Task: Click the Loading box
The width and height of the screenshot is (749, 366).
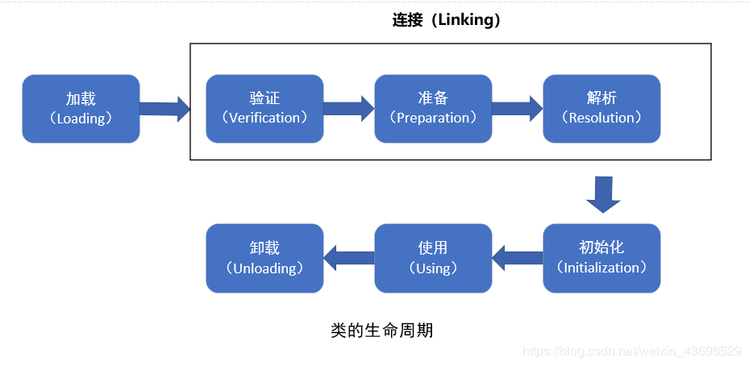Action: pyautogui.click(x=81, y=108)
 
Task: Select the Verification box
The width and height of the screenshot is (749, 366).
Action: pyautogui.click(x=264, y=108)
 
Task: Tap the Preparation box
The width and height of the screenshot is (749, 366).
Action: pyautogui.click(x=433, y=108)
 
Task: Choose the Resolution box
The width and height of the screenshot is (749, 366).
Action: pyautogui.click(x=601, y=108)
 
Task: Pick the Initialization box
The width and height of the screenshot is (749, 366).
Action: pyautogui.click(x=601, y=258)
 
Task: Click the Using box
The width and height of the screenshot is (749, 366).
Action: pyautogui.click(x=433, y=258)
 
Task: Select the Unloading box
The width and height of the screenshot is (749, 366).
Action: pyautogui.click(x=264, y=258)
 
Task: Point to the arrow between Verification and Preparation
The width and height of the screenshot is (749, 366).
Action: pyautogui.click(x=349, y=108)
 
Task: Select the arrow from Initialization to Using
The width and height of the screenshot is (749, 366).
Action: pyautogui.click(x=518, y=258)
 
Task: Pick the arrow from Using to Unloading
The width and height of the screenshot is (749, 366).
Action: pyautogui.click(x=349, y=258)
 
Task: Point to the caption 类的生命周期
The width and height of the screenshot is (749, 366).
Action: pyautogui.click(x=381, y=330)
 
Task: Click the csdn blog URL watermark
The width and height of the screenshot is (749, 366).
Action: pyautogui.click(x=632, y=351)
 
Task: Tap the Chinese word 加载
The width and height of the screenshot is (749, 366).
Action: pyautogui.click(x=81, y=98)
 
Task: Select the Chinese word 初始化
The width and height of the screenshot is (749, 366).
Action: pyautogui.click(x=601, y=247)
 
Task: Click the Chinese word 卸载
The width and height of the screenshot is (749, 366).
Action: pyautogui.click(x=264, y=247)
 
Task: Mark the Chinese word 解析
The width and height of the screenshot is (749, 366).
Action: pyautogui.click(x=601, y=98)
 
